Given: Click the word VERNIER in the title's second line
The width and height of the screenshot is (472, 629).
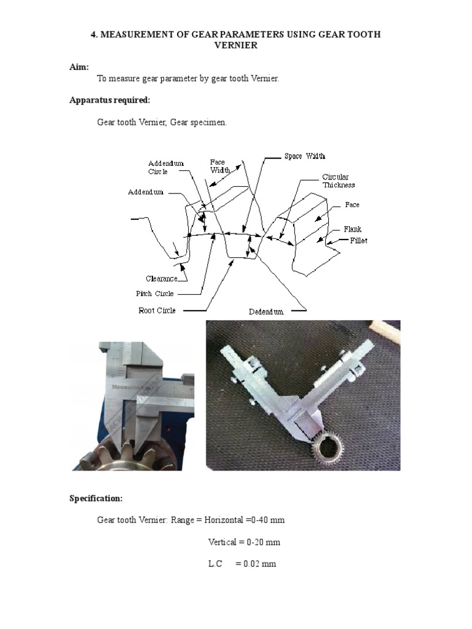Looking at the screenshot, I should click(235, 45).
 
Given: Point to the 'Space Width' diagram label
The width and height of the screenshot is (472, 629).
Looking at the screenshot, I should click(304, 157).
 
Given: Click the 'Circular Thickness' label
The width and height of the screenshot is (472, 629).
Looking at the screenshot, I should click(339, 181).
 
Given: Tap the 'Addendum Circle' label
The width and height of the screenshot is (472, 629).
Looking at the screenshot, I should click(165, 167).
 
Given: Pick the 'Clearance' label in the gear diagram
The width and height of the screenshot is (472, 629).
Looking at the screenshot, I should click(161, 279).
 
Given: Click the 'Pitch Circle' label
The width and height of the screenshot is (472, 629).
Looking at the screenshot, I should click(154, 294).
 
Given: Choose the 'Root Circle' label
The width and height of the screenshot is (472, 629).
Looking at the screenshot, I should click(157, 311).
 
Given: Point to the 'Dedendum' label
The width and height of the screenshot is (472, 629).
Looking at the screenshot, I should click(266, 312).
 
